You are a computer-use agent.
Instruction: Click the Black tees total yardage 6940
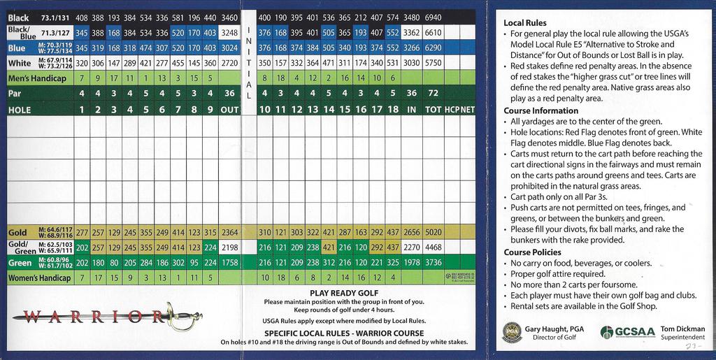pyautogui.click(x=433, y=17)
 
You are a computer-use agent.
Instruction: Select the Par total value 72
pyautogui.click(x=433, y=93)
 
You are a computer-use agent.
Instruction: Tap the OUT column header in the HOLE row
pyautogui.click(x=229, y=110)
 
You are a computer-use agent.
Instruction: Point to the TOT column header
pyautogui.click(x=433, y=110)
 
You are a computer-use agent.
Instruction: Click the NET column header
pyautogui.click(x=467, y=110)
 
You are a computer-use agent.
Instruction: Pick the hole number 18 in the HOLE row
pyautogui.click(x=392, y=110)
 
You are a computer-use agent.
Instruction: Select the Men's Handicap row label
pyautogui.click(x=36, y=78)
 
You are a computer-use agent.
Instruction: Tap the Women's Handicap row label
pyautogui.click(x=39, y=278)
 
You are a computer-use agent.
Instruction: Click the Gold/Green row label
pyautogui.click(x=21, y=247)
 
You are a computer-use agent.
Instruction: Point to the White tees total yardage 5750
pyautogui.click(x=433, y=63)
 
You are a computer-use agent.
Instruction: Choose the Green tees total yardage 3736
pyautogui.click(x=433, y=263)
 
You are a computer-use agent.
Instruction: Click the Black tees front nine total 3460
pyautogui.click(x=229, y=17)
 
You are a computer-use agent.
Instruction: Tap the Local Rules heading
pyautogui.click(x=524, y=23)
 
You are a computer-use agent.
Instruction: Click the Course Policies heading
pyautogui.click(x=532, y=252)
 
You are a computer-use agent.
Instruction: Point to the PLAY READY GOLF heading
pyautogui.click(x=343, y=293)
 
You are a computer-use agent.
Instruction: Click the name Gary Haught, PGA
pyautogui.click(x=554, y=329)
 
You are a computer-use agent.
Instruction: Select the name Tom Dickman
pyautogui.click(x=682, y=329)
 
